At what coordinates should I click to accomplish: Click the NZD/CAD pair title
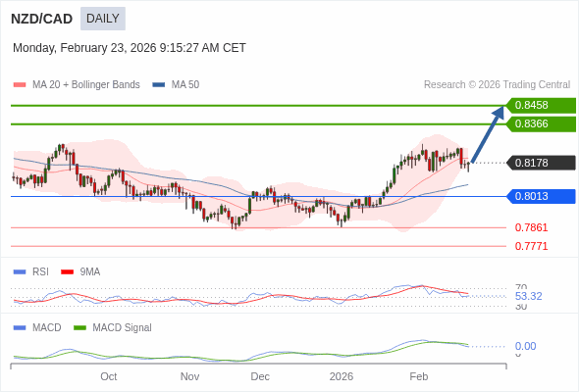pos(41,19)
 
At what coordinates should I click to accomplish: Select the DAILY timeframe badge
pos(102,19)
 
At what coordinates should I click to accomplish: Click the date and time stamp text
pos(130,48)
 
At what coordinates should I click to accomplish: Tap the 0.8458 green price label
pos(539,105)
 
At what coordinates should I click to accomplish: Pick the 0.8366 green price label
pos(539,123)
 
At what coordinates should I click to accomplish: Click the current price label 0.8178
pos(539,163)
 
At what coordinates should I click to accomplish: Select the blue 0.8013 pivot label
pos(539,196)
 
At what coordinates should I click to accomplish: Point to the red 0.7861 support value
pos(531,227)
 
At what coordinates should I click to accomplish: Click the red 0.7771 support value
pos(531,246)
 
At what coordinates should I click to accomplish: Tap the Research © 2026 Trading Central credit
pos(497,85)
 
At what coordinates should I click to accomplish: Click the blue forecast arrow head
pos(499,112)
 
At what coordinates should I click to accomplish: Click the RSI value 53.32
pos(528,296)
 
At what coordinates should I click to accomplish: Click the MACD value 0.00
pos(525,346)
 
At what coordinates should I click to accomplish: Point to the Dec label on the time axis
pos(260,376)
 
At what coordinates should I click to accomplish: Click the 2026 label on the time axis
pos(341,376)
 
